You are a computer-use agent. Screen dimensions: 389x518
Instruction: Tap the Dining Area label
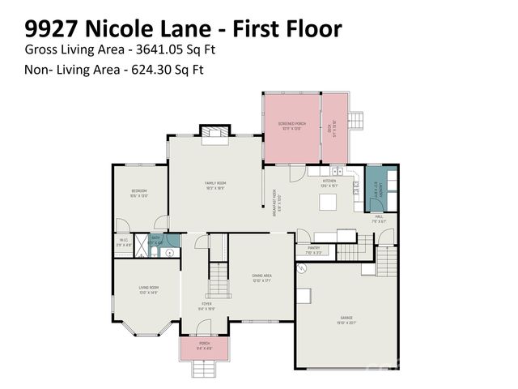[x=261, y=278]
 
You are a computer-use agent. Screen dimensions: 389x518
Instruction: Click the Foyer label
[x=206, y=306]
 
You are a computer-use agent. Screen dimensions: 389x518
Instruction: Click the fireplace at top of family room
[x=214, y=130]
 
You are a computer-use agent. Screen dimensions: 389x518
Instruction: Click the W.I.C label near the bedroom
[x=124, y=241]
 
